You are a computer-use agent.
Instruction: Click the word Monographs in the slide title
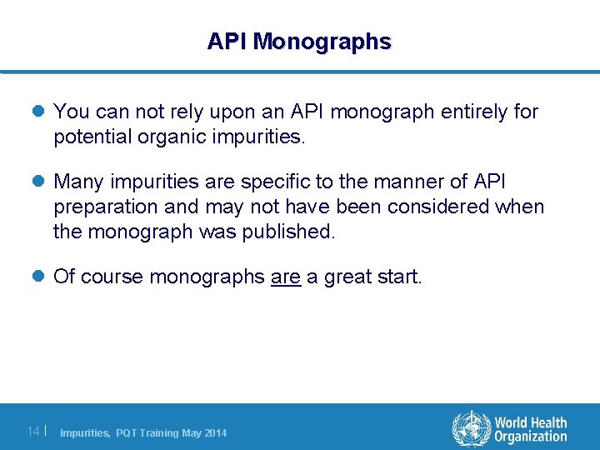pos(322,42)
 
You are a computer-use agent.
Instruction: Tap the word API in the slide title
pos(227,42)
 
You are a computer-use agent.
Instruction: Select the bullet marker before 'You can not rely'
pos(42,112)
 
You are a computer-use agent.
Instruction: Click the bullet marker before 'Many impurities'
pos(42,182)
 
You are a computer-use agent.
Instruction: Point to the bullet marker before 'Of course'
pos(42,277)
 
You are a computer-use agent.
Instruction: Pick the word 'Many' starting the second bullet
pos(77,182)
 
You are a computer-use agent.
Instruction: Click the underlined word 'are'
pos(286,277)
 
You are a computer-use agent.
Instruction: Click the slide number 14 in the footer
pos(33,431)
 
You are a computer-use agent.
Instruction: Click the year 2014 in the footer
pos(214,432)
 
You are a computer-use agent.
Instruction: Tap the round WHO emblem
pos(472,429)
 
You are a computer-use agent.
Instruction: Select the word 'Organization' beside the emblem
pos(530,437)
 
